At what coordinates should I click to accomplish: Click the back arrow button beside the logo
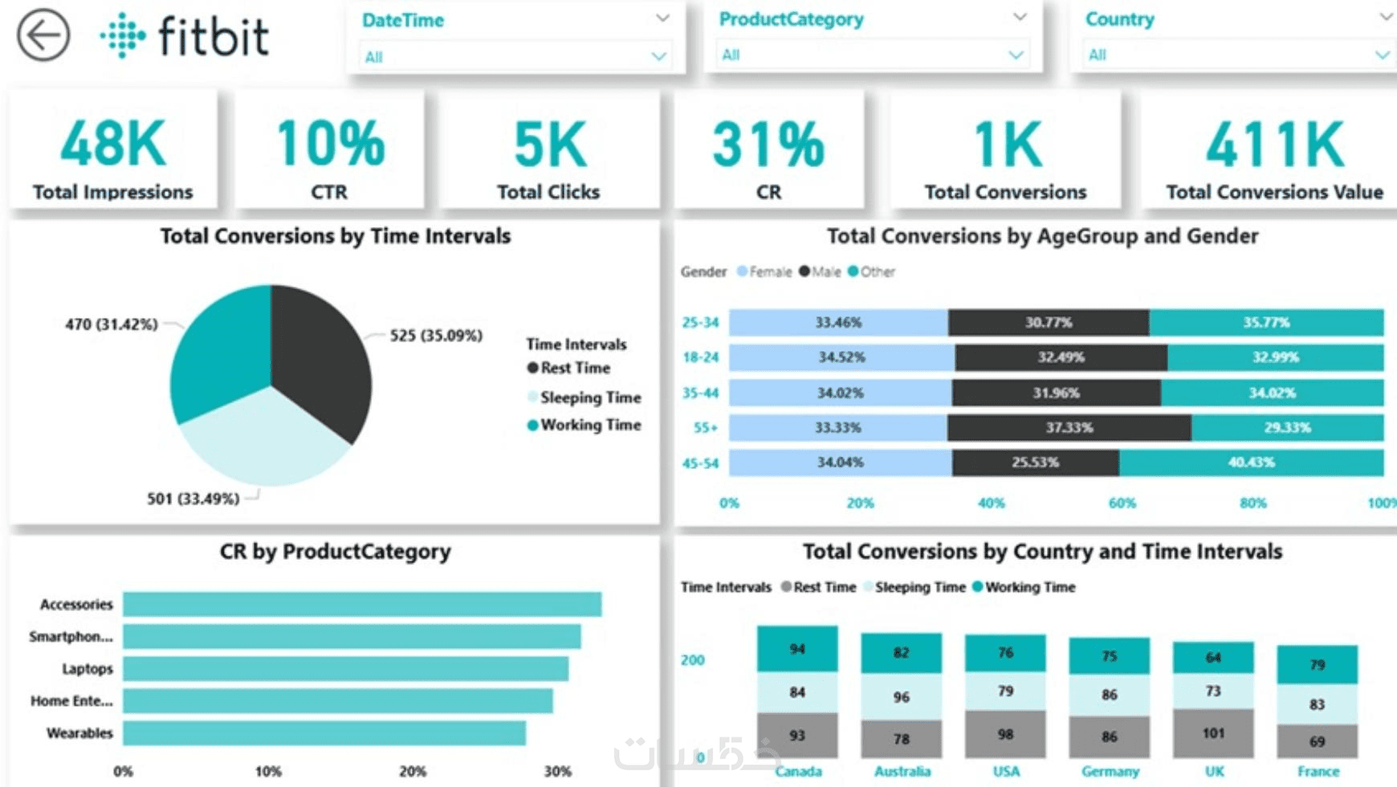point(43,35)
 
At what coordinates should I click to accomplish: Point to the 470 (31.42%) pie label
point(111,324)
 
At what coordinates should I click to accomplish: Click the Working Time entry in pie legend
point(590,425)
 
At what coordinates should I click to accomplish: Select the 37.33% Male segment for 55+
point(1069,428)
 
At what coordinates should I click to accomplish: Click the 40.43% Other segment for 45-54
point(1251,463)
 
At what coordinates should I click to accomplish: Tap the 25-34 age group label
point(700,323)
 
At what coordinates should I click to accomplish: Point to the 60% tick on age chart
point(1122,504)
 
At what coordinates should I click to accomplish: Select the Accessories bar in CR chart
point(361,605)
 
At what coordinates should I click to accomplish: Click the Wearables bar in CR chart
point(324,733)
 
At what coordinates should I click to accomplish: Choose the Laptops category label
point(88,669)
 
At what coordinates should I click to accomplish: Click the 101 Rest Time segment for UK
point(1213,733)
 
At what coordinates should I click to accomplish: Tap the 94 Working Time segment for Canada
point(797,649)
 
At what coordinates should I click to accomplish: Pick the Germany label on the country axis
point(1110,772)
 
